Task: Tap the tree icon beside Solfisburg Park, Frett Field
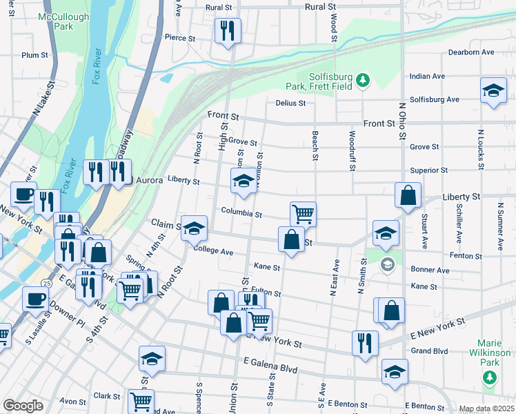(x=363, y=81)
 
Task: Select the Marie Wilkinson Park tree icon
(x=489, y=377)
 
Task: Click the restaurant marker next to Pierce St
(x=227, y=30)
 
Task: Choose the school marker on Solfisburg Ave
(x=493, y=90)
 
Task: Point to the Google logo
(x=23, y=406)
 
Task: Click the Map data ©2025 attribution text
(x=486, y=408)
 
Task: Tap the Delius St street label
(x=290, y=103)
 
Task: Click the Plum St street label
(x=34, y=55)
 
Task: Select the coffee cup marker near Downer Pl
(x=35, y=299)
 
